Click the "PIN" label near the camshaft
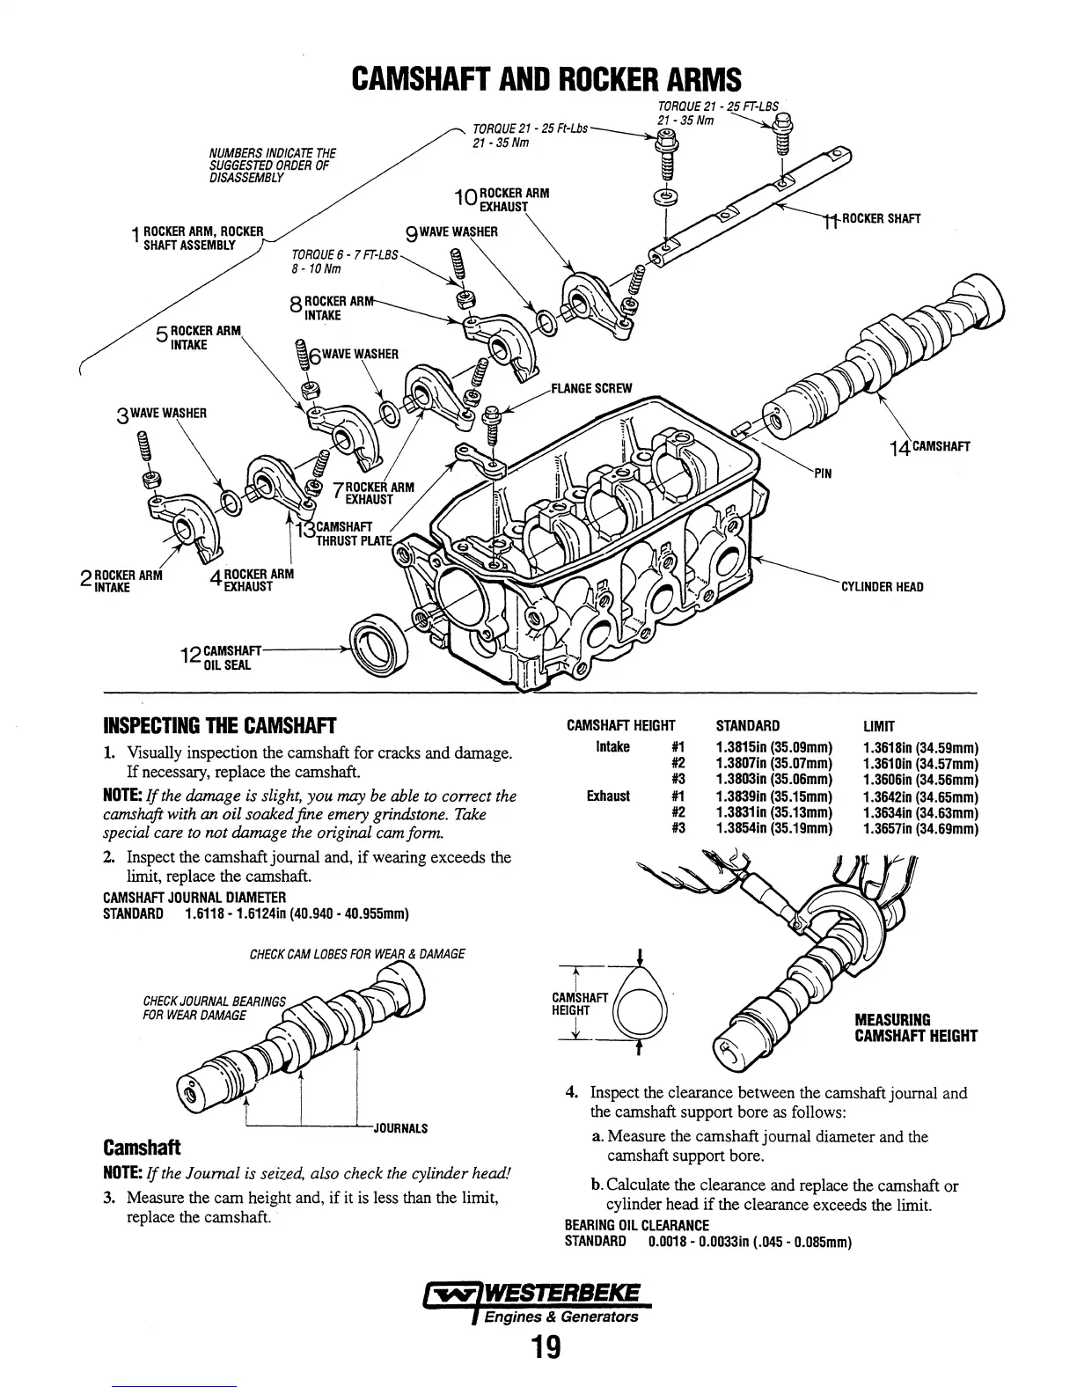click(823, 474)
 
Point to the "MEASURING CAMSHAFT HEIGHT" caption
click(915, 1028)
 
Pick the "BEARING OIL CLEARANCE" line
click(636, 1226)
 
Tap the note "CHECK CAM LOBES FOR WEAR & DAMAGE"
click(357, 954)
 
